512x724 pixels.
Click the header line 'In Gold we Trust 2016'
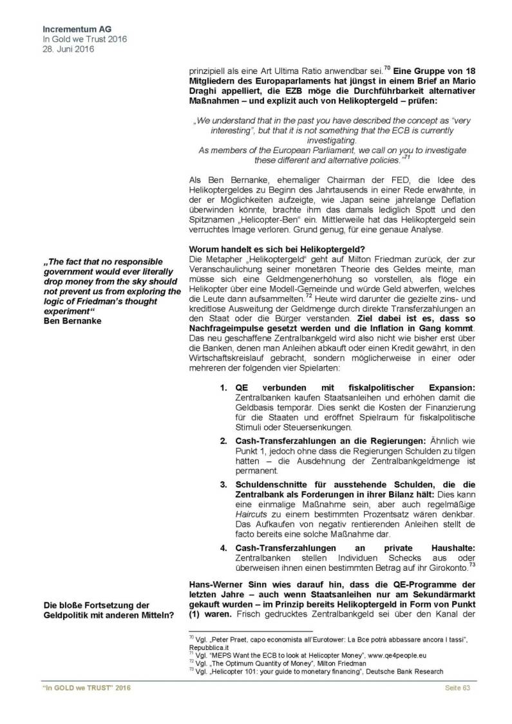[84, 39]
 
